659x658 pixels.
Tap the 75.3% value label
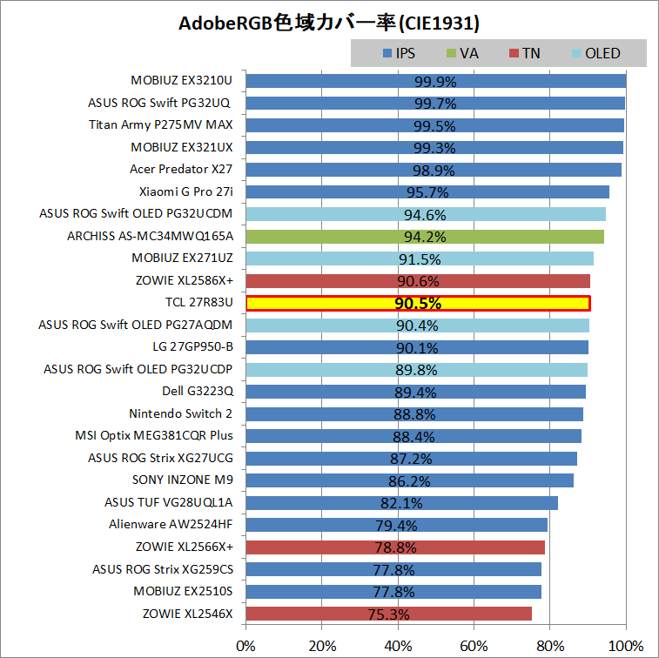point(389,614)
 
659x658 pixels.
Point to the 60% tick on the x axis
point(474,646)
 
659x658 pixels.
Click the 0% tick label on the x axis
point(245,646)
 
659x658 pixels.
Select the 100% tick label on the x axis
point(625,646)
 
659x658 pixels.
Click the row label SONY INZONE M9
point(182,480)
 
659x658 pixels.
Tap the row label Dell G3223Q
point(197,391)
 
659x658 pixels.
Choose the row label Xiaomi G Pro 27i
point(185,191)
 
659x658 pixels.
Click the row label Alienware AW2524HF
point(171,524)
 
